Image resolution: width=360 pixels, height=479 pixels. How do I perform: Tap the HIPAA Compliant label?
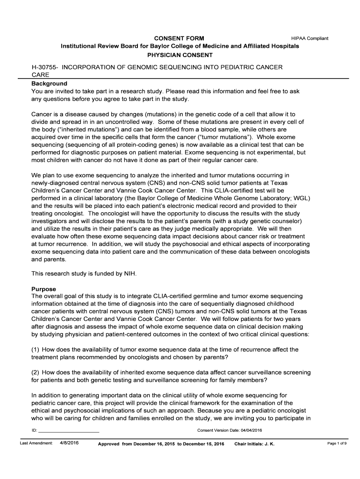310,38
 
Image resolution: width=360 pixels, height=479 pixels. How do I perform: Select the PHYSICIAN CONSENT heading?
180,55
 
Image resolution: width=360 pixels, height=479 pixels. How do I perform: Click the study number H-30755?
43,67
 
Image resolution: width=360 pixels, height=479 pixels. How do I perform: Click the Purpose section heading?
43,289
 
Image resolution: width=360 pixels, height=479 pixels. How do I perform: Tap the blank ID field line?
68,430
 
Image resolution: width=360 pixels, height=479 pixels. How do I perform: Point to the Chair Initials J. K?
254,443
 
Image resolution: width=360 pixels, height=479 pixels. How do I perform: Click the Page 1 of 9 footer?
337,443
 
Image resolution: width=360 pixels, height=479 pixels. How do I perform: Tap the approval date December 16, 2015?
155,443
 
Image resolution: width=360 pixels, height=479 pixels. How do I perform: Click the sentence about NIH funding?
84,273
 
